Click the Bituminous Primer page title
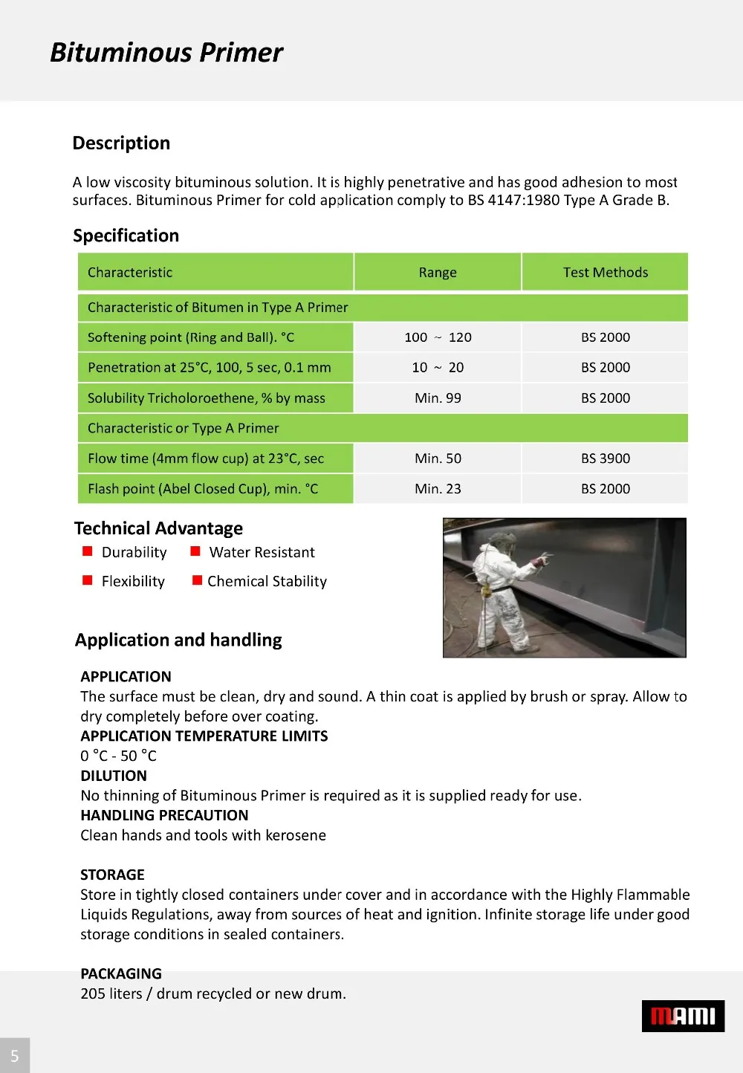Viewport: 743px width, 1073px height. [166, 53]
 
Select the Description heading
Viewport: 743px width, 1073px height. [121, 143]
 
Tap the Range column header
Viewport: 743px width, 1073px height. [438, 273]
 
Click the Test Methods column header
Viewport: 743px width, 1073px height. [605, 273]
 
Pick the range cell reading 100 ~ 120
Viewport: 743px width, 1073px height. [438, 337]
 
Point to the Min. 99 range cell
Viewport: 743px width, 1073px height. [438, 398]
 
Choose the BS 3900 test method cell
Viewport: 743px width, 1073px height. [605, 458]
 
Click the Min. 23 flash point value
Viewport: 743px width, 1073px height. [438, 489]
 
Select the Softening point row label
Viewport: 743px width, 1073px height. [191, 337]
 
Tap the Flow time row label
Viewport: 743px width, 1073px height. [206, 458]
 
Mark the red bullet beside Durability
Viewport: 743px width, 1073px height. [88, 551]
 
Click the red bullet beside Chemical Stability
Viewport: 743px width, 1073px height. [197, 580]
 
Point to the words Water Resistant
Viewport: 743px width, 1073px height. [262, 552]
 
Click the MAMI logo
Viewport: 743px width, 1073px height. [683, 1016]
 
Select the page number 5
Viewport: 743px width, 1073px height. [14, 1056]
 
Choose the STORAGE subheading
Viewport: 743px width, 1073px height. [112, 875]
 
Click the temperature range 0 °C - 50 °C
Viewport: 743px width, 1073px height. [118, 756]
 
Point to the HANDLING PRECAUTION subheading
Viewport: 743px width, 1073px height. [164, 815]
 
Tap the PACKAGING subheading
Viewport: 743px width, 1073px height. [121, 973]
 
